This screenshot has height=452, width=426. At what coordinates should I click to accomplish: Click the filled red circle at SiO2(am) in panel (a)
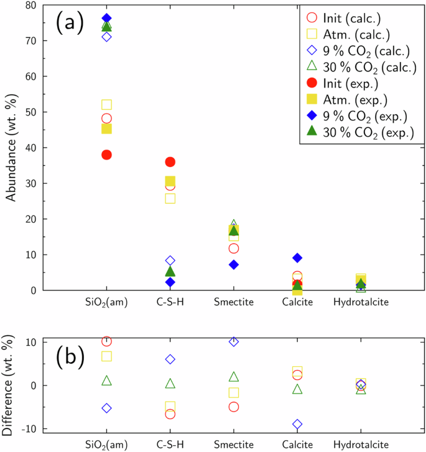106,155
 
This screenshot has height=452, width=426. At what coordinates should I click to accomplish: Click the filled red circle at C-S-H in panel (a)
170,162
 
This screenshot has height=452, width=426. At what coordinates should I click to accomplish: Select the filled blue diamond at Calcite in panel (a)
297,258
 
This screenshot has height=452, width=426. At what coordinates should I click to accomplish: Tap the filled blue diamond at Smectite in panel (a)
234,264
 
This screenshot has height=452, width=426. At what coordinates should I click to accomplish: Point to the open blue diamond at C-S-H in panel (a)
170,261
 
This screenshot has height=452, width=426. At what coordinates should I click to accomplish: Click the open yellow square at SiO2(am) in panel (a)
106,105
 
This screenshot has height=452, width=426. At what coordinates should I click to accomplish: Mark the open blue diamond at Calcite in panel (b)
297,424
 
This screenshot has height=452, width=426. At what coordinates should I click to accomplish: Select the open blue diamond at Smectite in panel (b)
234,341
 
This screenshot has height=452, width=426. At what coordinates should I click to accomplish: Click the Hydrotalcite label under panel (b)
361,445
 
